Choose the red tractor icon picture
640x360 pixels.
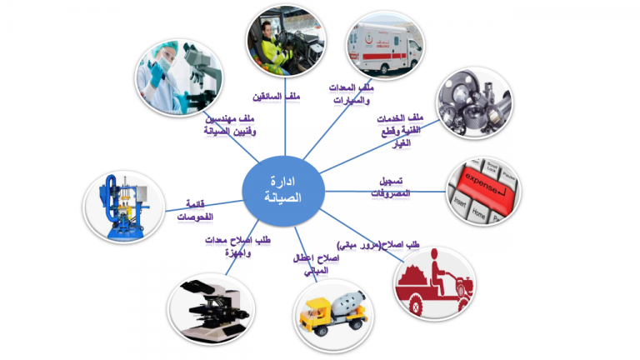coord(433,282)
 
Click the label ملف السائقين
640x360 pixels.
coord(279,97)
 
